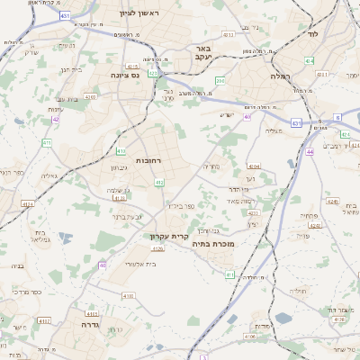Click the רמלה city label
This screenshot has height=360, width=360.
click(x=273, y=76)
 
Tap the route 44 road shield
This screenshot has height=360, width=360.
click(x=310, y=152)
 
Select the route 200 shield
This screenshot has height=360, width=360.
click(x=220, y=81)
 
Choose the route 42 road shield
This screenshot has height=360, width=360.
click(x=56, y=118)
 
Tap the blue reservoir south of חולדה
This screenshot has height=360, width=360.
click(x=283, y=318)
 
